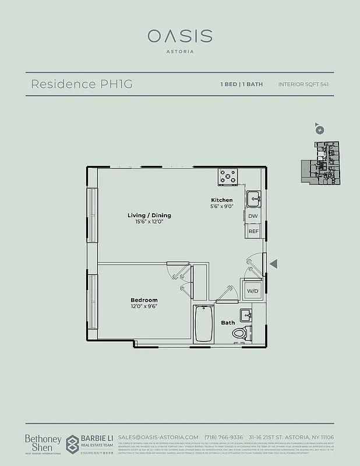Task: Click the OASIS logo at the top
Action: click(x=179, y=36)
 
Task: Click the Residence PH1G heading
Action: click(x=82, y=84)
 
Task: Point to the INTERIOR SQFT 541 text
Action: click(x=303, y=84)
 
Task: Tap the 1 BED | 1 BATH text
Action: click(x=241, y=84)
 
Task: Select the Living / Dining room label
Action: click(x=149, y=216)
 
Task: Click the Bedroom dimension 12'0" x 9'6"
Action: click(x=144, y=306)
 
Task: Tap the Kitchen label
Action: click(x=222, y=200)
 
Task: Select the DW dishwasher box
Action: click(x=253, y=216)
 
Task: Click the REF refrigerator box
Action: click(x=253, y=231)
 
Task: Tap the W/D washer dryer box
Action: click(x=252, y=290)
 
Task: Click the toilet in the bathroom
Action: click(x=239, y=333)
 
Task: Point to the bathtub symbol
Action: click(x=203, y=324)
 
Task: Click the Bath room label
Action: click(x=228, y=322)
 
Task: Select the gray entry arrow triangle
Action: click(x=273, y=264)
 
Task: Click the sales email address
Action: click(x=158, y=437)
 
